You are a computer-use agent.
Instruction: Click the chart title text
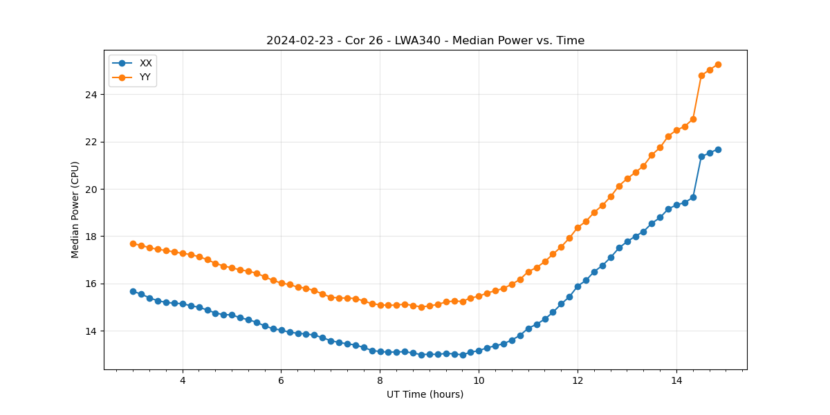tap(425, 41)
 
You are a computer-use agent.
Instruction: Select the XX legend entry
tap(145, 63)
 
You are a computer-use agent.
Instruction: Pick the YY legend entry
tap(145, 77)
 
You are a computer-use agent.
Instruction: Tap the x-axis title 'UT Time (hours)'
tap(425, 395)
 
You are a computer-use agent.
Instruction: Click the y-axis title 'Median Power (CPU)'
tap(75, 210)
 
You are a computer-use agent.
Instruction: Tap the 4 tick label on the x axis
tap(183, 380)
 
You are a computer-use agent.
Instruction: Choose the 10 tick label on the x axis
tap(479, 380)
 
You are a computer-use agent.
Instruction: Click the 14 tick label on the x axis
tap(676, 380)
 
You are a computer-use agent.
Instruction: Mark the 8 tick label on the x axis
tap(380, 380)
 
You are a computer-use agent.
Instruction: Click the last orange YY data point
tap(718, 64)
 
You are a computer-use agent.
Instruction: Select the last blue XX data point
tap(718, 149)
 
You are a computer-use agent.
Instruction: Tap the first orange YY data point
tap(133, 243)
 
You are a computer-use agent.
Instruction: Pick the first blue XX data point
tap(133, 291)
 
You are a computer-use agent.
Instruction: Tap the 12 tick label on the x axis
tap(578, 380)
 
